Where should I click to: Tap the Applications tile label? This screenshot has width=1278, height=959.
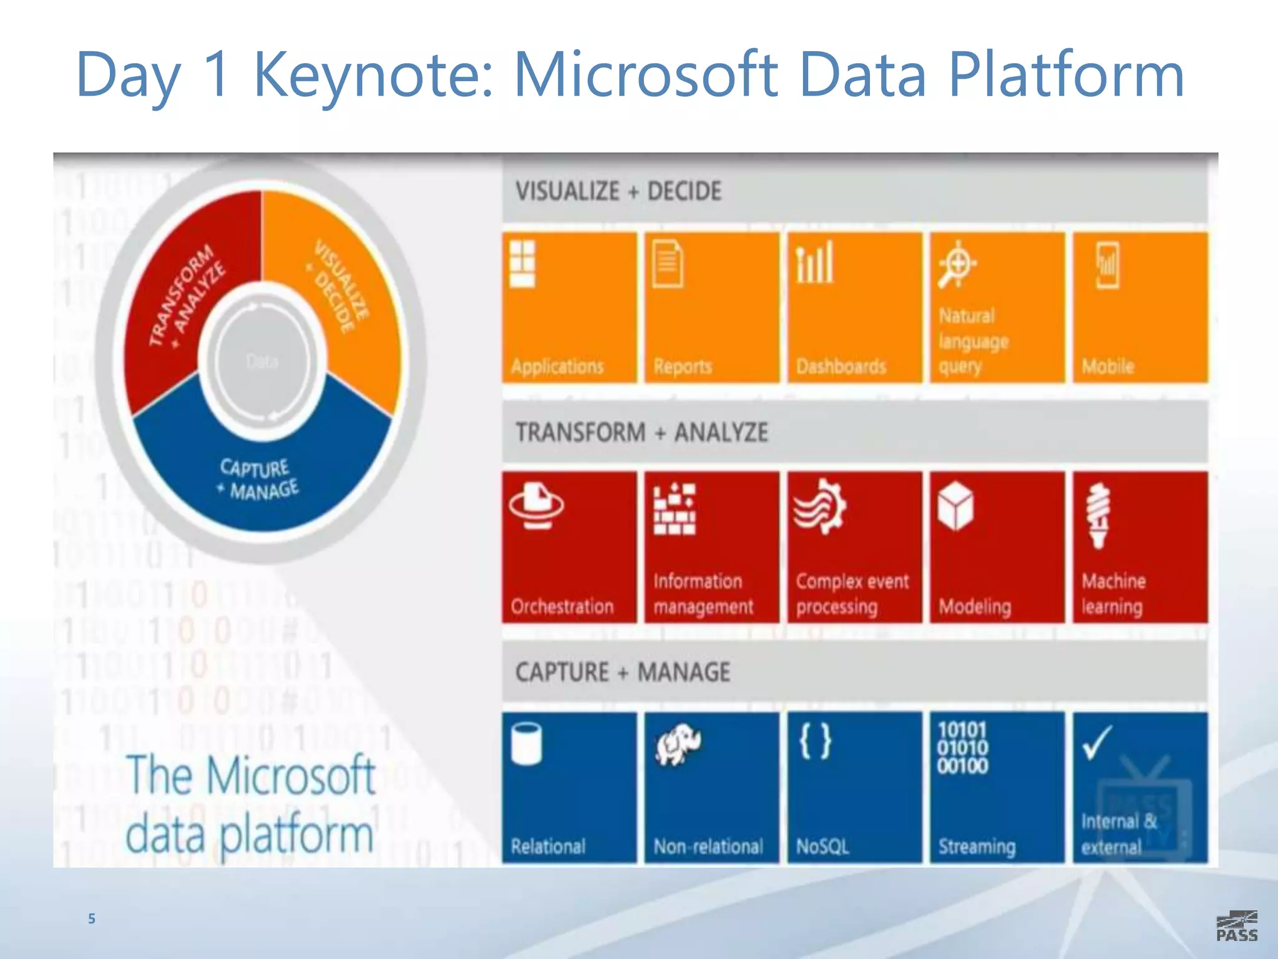click(x=557, y=366)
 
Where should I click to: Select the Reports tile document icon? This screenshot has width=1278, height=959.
click(x=667, y=264)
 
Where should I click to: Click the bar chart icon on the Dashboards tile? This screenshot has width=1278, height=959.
click(x=814, y=263)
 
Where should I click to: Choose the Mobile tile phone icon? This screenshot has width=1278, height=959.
click(x=1107, y=265)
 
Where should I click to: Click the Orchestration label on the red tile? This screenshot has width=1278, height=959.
click(x=562, y=606)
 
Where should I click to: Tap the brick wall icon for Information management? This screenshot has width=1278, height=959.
click(x=674, y=509)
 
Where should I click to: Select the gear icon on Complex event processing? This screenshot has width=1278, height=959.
click(x=820, y=506)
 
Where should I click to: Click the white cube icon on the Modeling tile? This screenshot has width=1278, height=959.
click(x=955, y=506)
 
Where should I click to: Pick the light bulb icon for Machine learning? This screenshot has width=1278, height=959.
click(x=1098, y=516)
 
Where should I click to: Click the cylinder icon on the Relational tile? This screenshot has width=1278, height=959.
click(x=526, y=743)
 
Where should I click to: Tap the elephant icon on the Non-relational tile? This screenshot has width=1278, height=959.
click(x=677, y=744)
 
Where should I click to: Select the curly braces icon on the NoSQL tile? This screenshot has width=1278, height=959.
click(x=815, y=741)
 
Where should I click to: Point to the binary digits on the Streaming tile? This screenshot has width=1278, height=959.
click(x=962, y=748)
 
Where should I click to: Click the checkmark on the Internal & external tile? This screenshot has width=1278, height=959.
click(x=1096, y=742)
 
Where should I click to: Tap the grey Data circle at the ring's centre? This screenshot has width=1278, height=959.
click(x=262, y=361)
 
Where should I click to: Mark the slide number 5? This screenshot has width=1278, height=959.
click(x=92, y=918)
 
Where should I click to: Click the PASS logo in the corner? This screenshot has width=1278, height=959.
click(x=1236, y=926)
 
